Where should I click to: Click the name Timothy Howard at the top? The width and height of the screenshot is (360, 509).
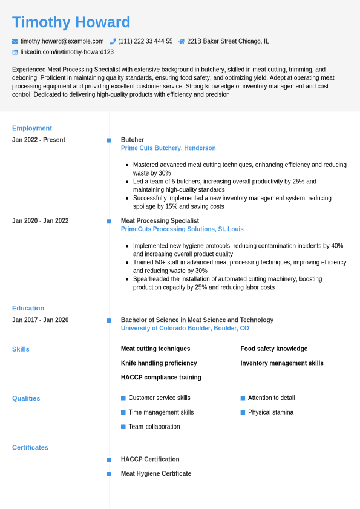tap(71, 22)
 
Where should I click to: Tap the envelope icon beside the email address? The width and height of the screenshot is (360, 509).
tap(15, 41)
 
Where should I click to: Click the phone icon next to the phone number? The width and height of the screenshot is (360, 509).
tap(113, 41)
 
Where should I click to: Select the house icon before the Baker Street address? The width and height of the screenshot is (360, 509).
tap(182, 41)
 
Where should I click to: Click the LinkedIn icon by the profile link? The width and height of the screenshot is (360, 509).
tap(15, 53)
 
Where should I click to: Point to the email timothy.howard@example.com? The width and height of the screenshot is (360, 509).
tap(62, 41)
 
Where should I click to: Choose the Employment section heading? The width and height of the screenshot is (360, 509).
tap(32, 128)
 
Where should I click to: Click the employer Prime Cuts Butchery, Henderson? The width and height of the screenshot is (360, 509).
tap(168, 148)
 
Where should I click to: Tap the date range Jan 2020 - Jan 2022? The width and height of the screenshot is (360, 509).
tap(40, 221)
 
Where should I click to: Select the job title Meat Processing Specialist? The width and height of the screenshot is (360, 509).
tap(160, 221)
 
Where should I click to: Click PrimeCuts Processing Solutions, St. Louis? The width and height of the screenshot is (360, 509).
tap(182, 229)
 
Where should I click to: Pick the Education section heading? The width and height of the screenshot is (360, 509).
tap(28, 308)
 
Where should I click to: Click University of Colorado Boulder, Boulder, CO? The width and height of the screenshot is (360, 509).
tap(185, 329)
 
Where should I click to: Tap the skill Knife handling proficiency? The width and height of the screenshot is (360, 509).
tap(159, 363)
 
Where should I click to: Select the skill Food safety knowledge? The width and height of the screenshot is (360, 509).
tap(273, 349)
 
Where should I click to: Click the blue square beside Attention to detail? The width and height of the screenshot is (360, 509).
tap(243, 398)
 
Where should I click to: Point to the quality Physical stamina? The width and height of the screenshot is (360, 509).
tap(270, 412)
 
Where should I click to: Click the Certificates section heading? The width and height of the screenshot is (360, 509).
tap(30, 448)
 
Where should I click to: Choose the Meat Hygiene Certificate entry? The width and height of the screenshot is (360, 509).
tap(156, 474)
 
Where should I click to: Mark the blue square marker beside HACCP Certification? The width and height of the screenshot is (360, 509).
tap(110, 460)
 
